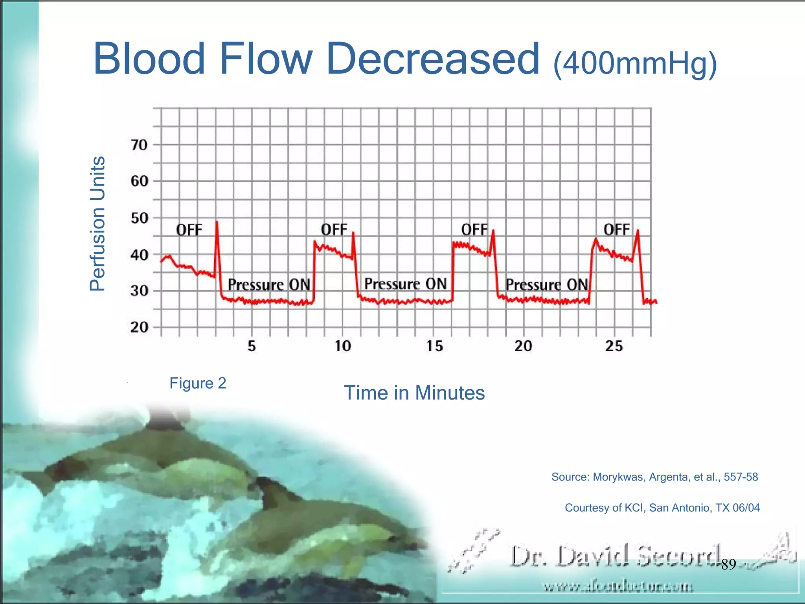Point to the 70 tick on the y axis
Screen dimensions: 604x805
[139, 145]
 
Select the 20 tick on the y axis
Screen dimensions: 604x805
[139, 327]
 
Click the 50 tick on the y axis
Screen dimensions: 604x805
[139, 218]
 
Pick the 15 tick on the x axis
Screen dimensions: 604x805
[434, 346]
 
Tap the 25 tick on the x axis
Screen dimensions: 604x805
[614, 346]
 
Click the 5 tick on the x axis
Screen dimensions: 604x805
[252, 346]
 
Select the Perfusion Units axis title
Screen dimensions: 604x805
[97, 223]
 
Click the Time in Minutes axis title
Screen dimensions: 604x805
[414, 393]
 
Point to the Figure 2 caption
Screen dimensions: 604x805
[198, 383]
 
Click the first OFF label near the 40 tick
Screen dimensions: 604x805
[189, 230]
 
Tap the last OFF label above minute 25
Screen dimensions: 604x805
[616, 230]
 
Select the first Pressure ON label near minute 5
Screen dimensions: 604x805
[269, 285]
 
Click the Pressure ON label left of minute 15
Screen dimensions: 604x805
[405, 284]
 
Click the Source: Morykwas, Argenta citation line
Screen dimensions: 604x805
[654, 477]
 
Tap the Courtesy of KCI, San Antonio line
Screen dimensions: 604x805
[662, 508]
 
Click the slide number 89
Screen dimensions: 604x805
[728, 565]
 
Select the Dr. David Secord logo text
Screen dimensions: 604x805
[615, 556]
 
